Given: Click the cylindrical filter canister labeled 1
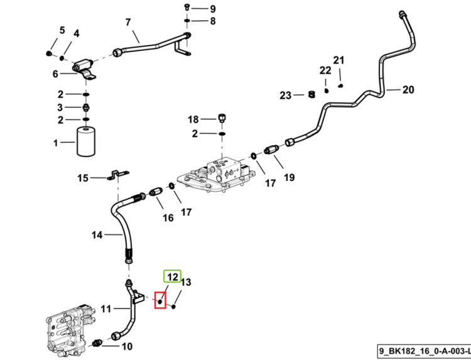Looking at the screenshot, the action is click(x=86, y=141).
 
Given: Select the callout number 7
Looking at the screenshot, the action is click(x=128, y=23).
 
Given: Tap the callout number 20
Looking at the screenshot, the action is click(x=408, y=90).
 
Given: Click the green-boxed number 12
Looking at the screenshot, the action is click(x=173, y=276).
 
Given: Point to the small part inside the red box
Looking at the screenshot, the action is click(x=160, y=301).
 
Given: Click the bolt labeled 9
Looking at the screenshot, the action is click(x=187, y=6).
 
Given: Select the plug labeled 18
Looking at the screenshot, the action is click(x=222, y=117).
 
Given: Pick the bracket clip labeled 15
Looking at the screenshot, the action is click(x=118, y=175).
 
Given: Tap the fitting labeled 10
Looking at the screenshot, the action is click(x=97, y=343).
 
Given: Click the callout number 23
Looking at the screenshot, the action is click(x=285, y=95).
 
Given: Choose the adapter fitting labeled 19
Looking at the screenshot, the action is click(x=271, y=150).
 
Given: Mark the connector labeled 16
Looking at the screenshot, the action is click(x=156, y=192).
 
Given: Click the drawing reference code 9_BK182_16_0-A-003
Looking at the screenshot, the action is click(x=423, y=351).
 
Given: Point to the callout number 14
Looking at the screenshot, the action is click(x=97, y=235).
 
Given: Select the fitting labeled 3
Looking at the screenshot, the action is click(x=86, y=107).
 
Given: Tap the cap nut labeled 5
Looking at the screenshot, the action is click(x=49, y=54).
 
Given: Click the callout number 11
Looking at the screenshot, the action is click(x=106, y=309).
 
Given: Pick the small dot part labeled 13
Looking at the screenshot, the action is click(x=173, y=307).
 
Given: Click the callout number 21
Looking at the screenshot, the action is click(x=338, y=60).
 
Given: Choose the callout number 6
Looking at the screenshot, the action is click(x=55, y=74).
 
